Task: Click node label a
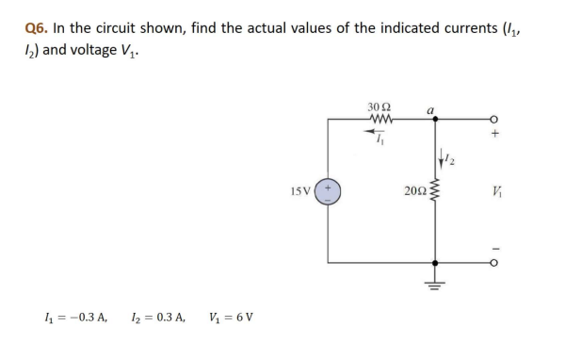pos(429,109)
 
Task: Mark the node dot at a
pos(434,120)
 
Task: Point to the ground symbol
pos(434,281)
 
